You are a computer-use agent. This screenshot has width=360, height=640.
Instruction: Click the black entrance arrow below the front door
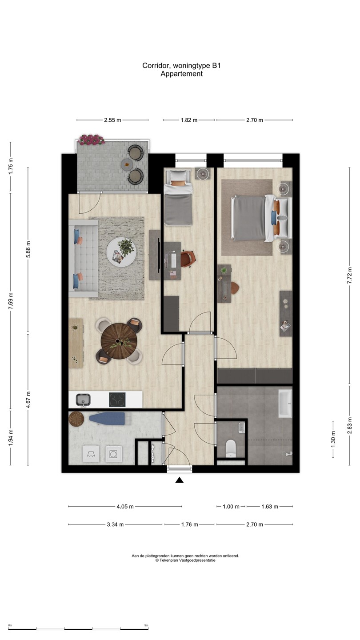(180, 480)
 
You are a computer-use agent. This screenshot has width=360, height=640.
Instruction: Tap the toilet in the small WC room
(230, 447)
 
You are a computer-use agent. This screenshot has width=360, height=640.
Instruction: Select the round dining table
(118, 341)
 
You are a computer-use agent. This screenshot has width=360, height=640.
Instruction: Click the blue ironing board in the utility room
(107, 418)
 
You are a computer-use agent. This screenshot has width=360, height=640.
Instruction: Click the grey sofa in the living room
(83, 258)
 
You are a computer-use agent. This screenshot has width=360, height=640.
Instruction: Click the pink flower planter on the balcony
(92, 140)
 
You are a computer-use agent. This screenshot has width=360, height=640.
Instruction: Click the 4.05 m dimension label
(125, 506)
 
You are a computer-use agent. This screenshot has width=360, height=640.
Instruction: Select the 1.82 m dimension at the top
(189, 120)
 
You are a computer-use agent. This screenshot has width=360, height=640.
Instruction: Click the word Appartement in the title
(181, 74)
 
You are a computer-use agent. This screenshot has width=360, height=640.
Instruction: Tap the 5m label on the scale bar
(146, 625)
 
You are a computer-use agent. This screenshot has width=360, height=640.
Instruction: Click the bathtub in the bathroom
(285, 404)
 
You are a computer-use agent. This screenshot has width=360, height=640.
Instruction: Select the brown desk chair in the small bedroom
(188, 259)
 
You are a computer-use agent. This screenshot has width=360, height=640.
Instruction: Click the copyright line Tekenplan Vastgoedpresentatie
(185, 560)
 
